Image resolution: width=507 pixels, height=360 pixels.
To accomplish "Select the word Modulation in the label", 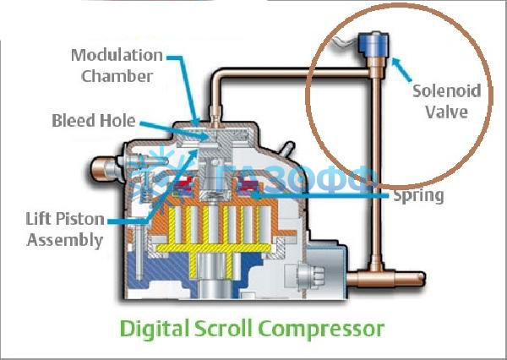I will pyautogui.click(x=117, y=56).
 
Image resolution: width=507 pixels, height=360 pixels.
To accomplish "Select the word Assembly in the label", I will pyautogui.click(x=65, y=240).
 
